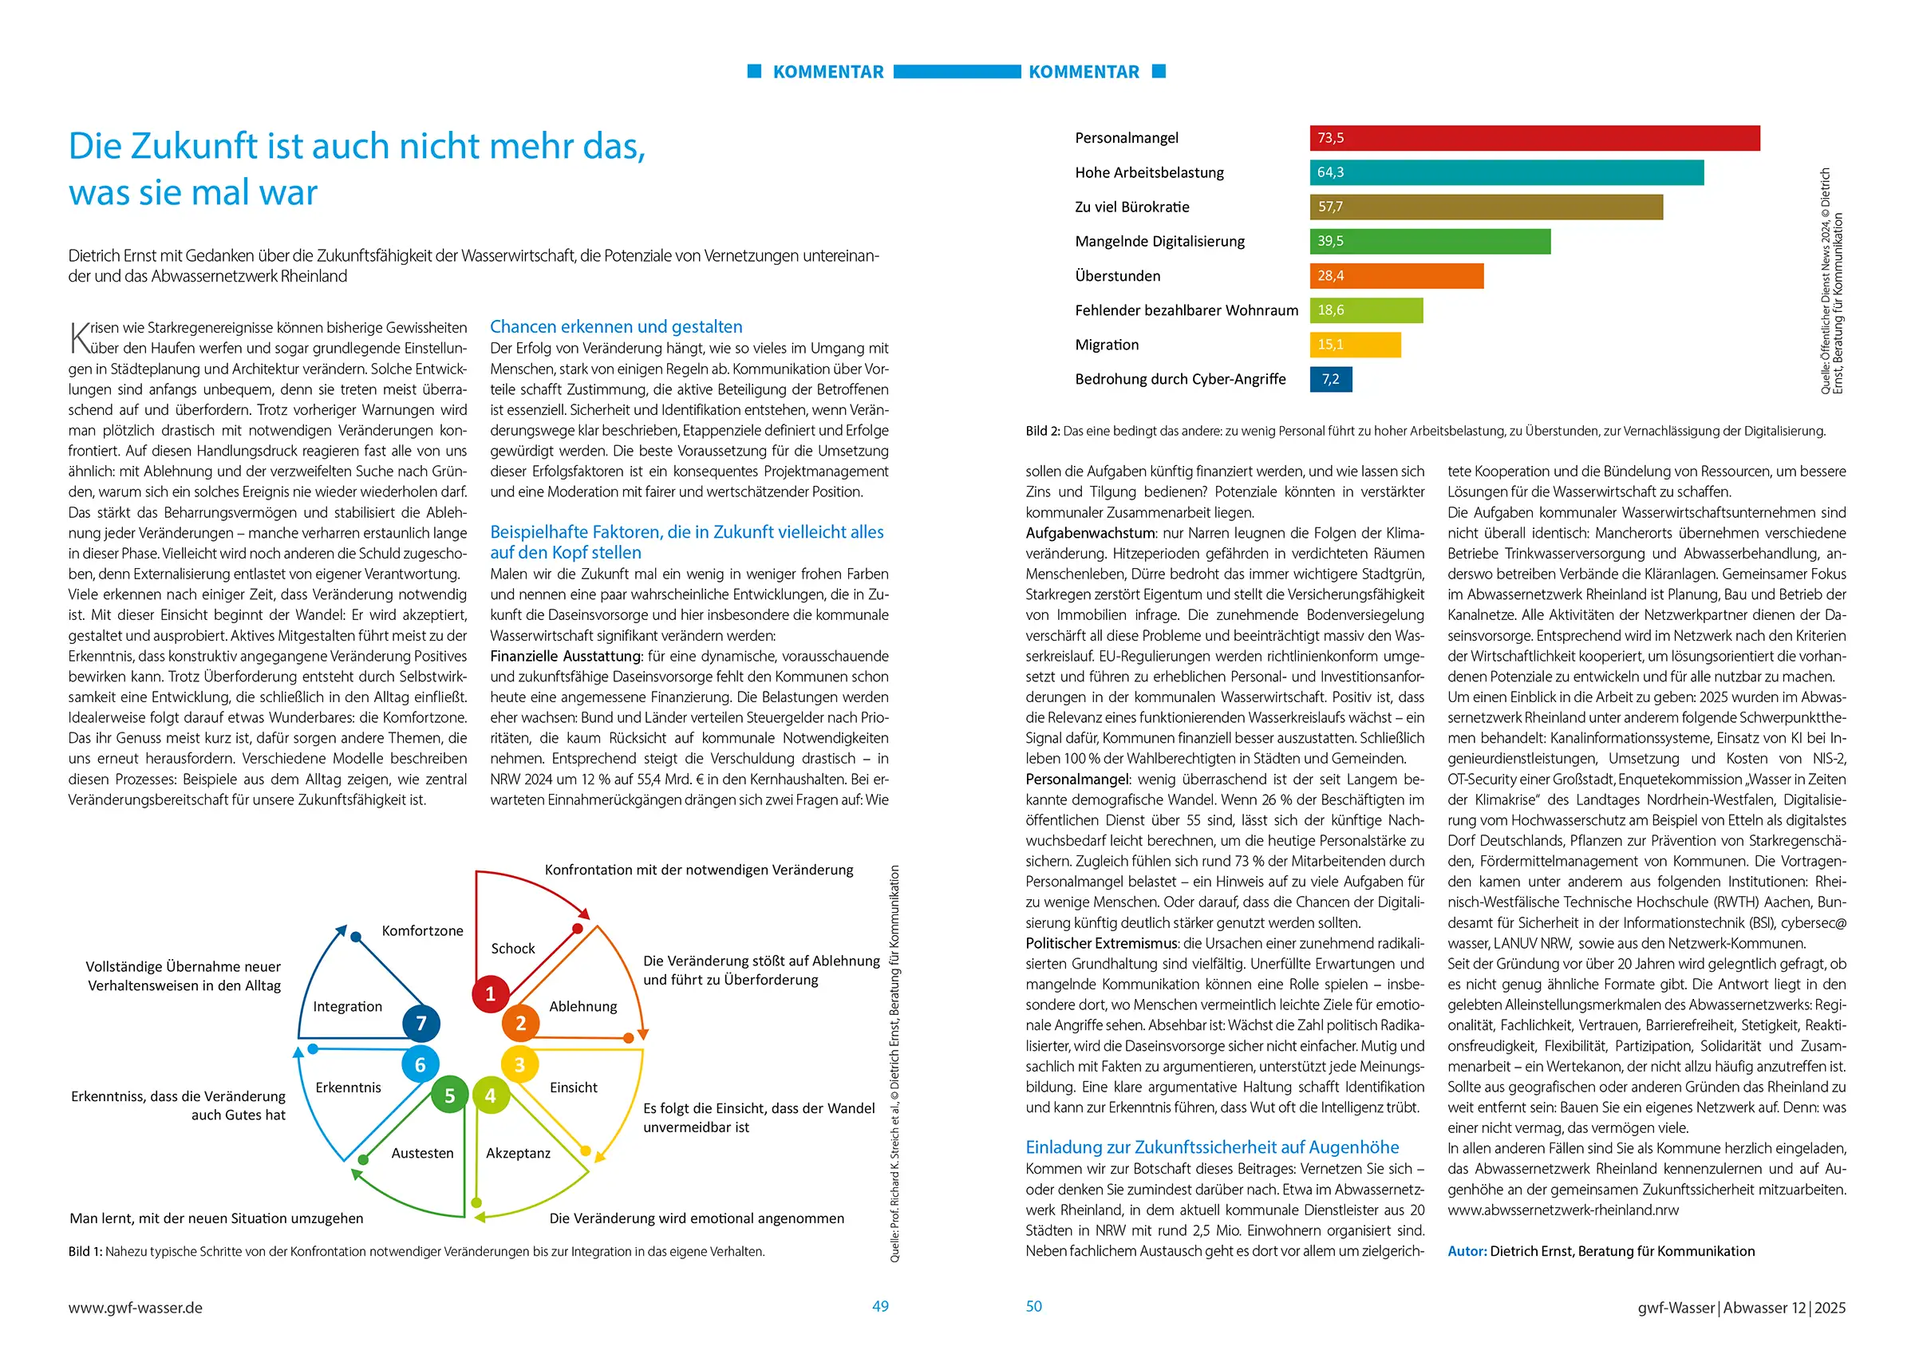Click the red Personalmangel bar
point(1534,139)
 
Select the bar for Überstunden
point(1396,276)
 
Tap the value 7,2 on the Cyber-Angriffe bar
point(1330,380)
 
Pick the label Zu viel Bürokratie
point(1131,207)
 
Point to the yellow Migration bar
point(1356,345)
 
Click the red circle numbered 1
point(491,993)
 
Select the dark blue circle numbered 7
point(421,1024)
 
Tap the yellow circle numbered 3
point(519,1065)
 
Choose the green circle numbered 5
point(449,1095)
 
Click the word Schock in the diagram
point(513,949)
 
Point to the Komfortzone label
point(422,931)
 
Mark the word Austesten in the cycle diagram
point(423,1153)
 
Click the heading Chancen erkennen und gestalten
point(615,327)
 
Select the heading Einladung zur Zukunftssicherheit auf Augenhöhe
point(1212,1147)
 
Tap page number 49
point(880,1306)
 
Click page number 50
point(1033,1306)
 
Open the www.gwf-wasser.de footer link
point(135,1308)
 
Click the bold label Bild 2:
point(1043,432)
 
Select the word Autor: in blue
point(1467,1251)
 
